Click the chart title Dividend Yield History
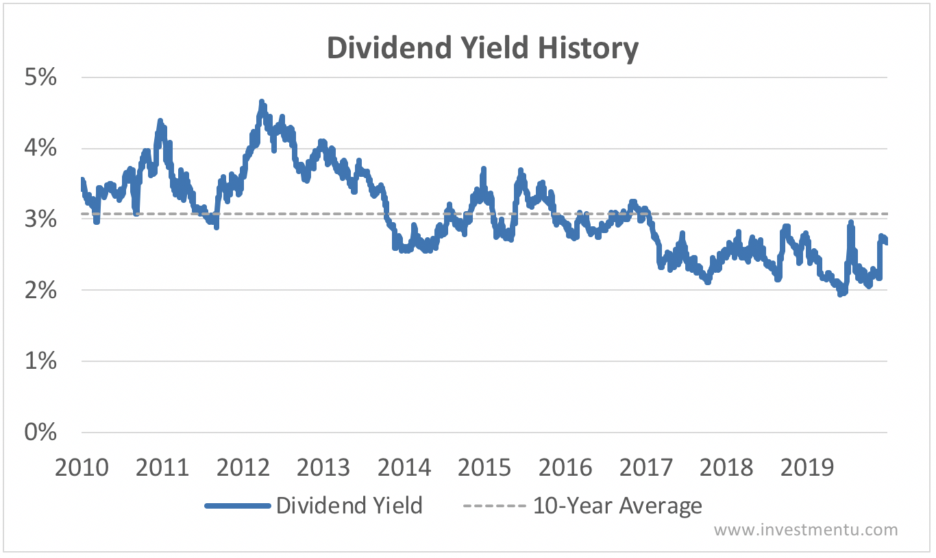(x=482, y=49)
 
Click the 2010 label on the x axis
(x=82, y=468)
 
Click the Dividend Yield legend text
(x=349, y=506)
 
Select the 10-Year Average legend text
(x=617, y=506)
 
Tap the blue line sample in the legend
(x=238, y=507)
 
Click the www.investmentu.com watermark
(x=806, y=530)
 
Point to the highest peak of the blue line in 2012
(x=262, y=102)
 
